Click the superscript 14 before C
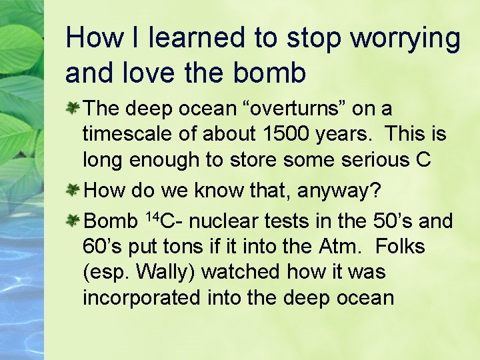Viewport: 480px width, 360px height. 151,215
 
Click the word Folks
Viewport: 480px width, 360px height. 400,246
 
